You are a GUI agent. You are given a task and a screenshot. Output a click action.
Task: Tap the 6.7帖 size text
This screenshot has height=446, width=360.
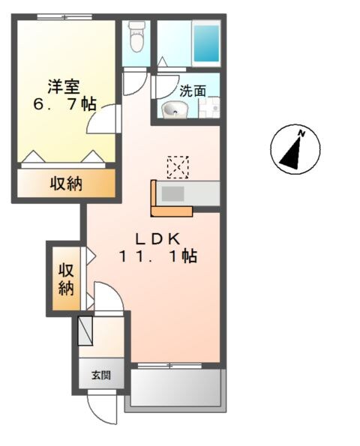[65, 104]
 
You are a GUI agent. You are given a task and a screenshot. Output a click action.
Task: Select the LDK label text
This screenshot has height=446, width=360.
[156, 238]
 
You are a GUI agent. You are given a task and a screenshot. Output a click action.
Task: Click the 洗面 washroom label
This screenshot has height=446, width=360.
[192, 91]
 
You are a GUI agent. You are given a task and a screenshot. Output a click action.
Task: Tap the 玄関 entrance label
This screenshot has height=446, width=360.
[100, 375]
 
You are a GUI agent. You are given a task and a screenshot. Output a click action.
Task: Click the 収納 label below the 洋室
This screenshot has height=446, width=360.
[66, 184]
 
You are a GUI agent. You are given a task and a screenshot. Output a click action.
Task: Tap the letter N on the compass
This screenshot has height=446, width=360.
[301, 134]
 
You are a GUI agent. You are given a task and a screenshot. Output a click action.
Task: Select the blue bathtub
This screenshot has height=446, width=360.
[205, 43]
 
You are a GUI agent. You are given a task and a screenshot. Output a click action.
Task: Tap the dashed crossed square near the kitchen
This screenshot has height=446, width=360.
[178, 166]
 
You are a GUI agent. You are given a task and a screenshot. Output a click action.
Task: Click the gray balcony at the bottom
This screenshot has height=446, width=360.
[176, 388]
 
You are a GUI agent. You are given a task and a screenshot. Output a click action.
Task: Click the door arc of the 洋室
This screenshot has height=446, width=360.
[103, 118]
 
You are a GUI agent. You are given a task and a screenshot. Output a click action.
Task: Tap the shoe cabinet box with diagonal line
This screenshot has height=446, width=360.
[85, 330]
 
